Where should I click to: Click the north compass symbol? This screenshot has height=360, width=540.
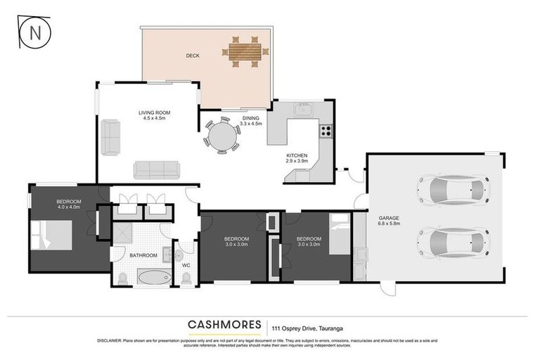pos(30,34)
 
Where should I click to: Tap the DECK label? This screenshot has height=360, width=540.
pos(195,56)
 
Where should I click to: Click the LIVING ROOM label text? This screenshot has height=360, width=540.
pos(153,112)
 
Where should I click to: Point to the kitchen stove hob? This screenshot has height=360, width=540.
pos(326,130)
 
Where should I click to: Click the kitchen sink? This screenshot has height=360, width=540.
pos(304,109)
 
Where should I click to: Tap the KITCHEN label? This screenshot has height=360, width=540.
pos(296,155)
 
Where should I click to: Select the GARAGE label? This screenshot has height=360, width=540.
pos(388,218)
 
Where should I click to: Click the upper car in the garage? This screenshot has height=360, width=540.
pos(452,188)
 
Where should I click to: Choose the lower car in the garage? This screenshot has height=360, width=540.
pos(452,241)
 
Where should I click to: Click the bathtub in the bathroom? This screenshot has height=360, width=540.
pos(153,277)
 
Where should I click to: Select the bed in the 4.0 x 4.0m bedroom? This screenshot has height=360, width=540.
pos(51,236)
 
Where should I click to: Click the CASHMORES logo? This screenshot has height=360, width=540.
pos(224,325)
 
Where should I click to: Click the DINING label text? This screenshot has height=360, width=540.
pos(251,118)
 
